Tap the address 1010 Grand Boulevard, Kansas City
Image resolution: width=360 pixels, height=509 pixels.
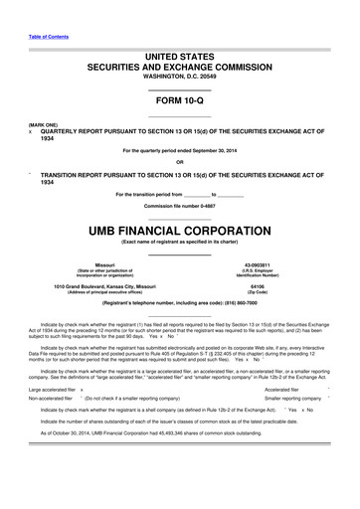105,286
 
